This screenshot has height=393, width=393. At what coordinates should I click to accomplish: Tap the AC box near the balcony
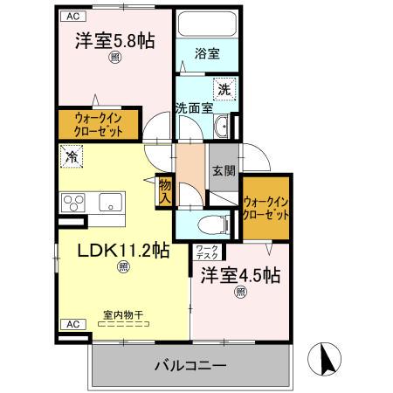[x=73, y=324]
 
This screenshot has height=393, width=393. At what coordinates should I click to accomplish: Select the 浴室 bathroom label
[x=206, y=53]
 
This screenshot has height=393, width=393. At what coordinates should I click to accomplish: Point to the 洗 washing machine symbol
[x=224, y=88]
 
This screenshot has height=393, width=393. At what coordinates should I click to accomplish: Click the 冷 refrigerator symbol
[x=71, y=158]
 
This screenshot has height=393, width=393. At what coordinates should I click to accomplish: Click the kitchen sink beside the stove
[x=110, y=203]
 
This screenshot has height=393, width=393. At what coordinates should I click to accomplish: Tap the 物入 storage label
[x=163, y=191]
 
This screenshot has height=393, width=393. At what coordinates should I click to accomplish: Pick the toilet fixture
[x=215, y=223]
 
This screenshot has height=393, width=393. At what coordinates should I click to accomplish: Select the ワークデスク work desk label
[x=207, y=253]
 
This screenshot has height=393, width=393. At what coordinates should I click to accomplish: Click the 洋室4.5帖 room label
[x=240, y=276]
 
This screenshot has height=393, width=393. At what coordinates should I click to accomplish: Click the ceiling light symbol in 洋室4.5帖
[x=240, y=293]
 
